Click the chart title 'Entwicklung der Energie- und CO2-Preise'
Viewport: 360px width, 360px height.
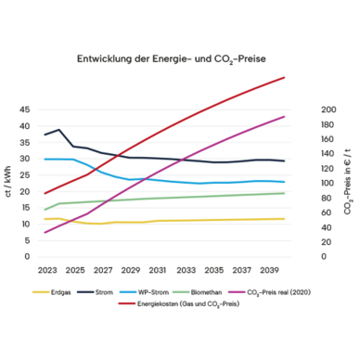pos(172,59)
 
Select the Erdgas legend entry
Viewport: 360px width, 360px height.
pos(52,292)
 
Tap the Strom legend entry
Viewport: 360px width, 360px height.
pos(96,292)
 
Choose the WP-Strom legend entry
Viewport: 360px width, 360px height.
pos(144,292)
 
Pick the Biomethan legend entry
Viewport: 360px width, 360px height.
pos(198,292)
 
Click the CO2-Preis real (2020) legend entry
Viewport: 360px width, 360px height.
pos(269,292)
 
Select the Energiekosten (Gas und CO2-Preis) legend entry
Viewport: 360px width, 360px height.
pos(179,304)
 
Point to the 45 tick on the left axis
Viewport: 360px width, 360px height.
pos(25,109)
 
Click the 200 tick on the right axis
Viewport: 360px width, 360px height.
pos(328,109)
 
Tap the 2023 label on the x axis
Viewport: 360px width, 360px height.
pos(47,270)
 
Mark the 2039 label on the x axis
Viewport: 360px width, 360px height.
pos(269,270)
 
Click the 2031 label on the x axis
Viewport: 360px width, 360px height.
pos(158,270)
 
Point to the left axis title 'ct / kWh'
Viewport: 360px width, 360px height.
pos(8,181)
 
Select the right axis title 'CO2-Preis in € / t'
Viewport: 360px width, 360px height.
pos(348,182)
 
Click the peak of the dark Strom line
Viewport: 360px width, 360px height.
pos(58,130)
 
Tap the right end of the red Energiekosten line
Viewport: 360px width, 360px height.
pos(284,77)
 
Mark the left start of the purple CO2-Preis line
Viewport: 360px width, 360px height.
pos(45,232)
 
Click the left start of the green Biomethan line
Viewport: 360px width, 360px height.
pos(45,210)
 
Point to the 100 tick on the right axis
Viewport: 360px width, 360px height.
pos(328,183)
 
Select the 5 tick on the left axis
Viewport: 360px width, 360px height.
pos(27,240)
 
